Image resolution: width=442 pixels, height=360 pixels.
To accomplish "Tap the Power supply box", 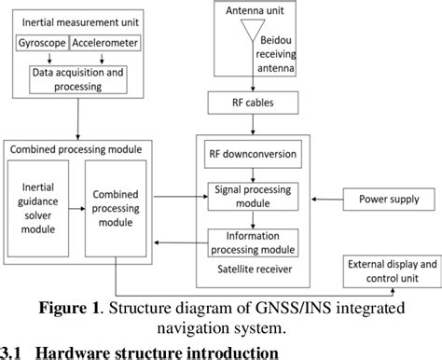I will [389, 199].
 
